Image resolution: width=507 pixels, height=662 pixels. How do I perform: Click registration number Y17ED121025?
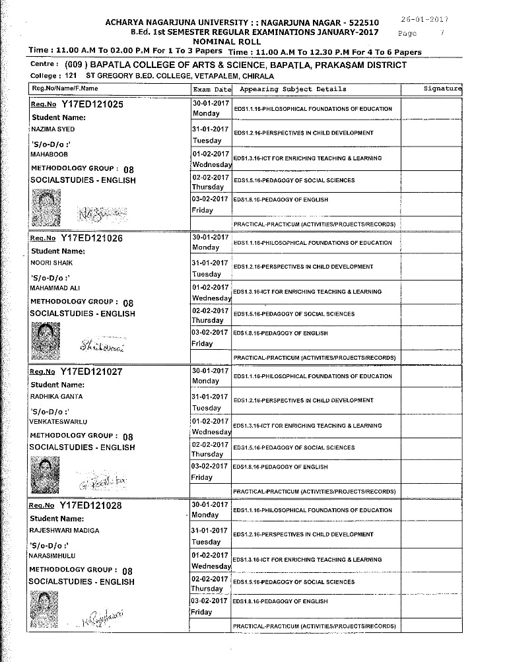click(92, 104)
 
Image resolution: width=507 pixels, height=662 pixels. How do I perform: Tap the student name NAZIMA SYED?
click(52, 129)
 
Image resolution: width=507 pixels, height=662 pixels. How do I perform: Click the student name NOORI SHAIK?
click(50, 263)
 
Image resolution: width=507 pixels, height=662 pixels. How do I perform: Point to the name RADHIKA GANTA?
click(53, 397)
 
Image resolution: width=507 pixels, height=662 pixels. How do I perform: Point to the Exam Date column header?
click(212, 89)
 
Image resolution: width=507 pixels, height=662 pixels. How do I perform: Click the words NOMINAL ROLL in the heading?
click(242, 41)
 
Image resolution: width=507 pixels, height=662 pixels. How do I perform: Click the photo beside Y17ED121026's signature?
click(46, 336)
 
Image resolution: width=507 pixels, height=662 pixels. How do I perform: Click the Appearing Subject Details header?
click(293, 89)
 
